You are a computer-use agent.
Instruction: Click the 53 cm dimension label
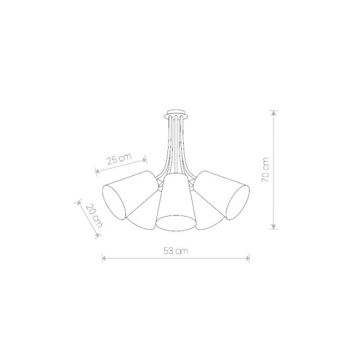pos(176,251)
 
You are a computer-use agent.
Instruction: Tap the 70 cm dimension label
pos(265,170)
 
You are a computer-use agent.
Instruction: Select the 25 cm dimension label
pos(119,158)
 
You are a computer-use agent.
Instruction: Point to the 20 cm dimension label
pos(94,216)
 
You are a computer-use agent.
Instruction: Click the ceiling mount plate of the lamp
pos(177,114)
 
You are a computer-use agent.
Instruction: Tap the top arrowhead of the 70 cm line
pos(273,113)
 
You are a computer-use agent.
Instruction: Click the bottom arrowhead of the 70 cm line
pos(273,227)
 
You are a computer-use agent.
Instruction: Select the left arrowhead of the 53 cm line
pos(104,258)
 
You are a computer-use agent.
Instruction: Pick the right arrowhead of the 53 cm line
pos(247,258)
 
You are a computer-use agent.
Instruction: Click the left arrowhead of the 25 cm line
pos(97,171)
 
